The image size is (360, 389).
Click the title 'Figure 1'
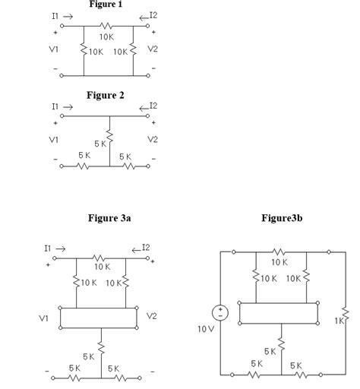click(106, 4)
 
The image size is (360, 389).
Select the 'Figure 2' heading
click(106, 95)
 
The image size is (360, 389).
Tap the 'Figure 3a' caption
click(106, 218)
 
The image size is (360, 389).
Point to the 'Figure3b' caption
click(282, 218)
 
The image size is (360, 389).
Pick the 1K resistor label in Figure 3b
click(340, 321)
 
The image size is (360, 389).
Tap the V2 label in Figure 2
click(153, 140)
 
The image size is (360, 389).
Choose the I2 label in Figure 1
click(154, 15)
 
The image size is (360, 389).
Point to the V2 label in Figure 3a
click(152, 316)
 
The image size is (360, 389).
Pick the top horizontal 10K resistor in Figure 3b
click(279, 251)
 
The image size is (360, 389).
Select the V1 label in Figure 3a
click(45, 318)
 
